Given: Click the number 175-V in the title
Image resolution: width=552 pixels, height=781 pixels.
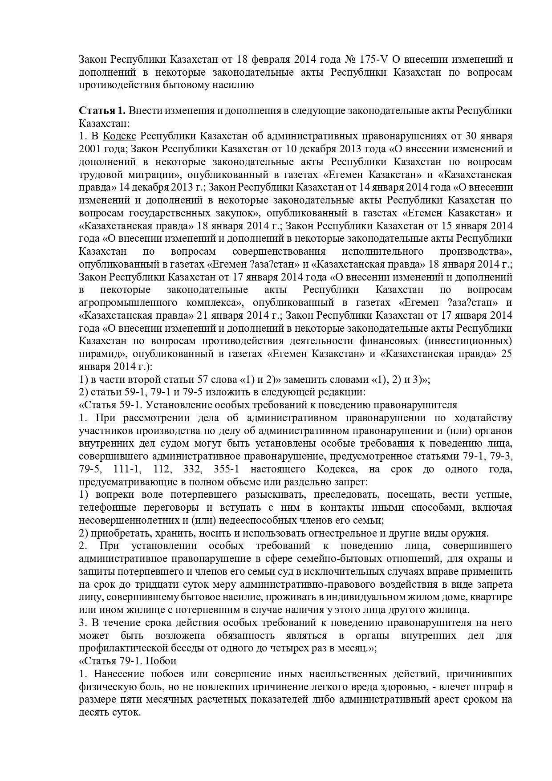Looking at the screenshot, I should [372, 59].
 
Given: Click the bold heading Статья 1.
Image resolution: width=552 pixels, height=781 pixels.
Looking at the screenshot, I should [102, 110].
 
